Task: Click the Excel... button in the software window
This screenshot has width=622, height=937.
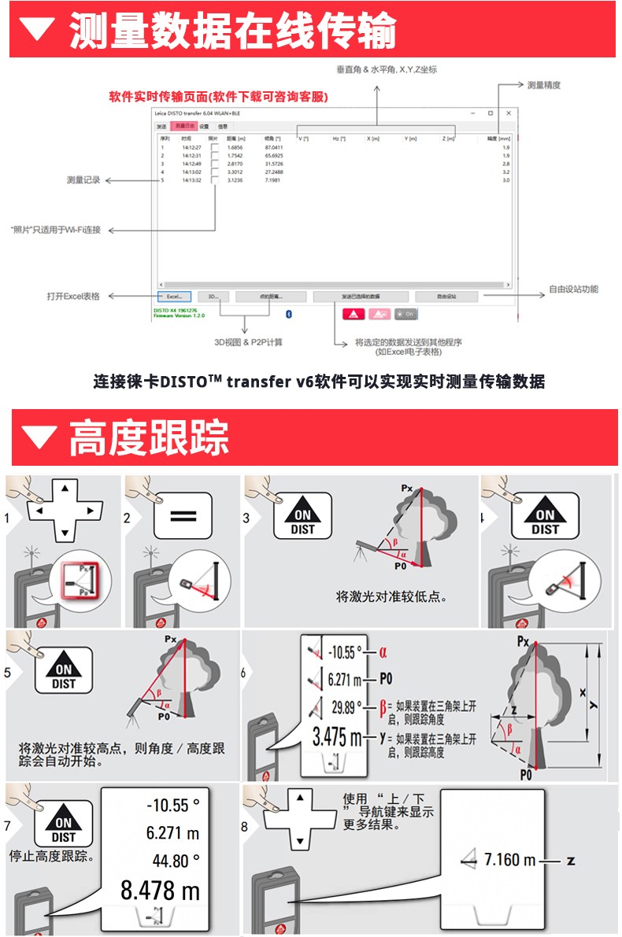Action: (174, 297)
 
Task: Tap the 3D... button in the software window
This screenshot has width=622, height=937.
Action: (213, 297)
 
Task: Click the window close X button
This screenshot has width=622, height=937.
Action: (509, 113)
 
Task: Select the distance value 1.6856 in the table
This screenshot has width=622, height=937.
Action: (235, 147)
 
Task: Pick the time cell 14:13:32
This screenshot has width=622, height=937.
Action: (192, 180)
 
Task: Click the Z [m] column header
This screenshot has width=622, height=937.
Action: (448, 138)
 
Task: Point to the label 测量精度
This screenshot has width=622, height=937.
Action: (543, 84)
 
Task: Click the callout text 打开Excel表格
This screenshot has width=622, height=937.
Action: (73, 297)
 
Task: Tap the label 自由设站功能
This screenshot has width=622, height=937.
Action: (573, 290)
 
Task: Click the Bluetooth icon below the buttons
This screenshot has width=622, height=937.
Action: (288, 314)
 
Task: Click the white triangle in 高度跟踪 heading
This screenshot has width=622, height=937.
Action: (39, 437)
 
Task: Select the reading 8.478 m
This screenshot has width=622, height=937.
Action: (160, 891)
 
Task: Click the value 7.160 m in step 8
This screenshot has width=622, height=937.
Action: (502, 860)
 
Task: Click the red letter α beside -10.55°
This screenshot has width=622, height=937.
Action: (383, 651)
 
